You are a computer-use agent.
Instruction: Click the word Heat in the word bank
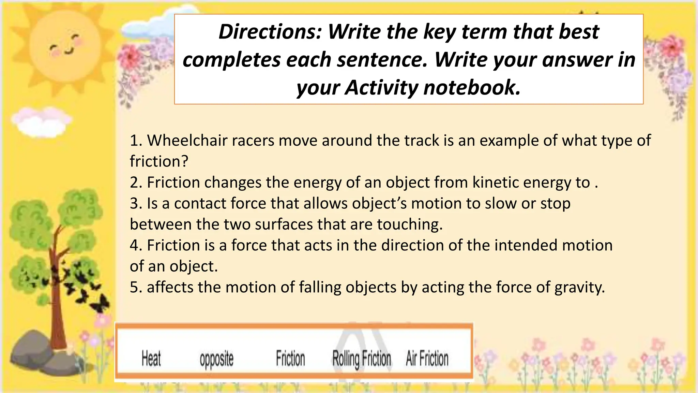pos(151,359)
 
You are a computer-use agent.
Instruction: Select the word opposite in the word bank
pos(216,360)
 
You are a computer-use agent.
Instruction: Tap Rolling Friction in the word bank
pos(362,359)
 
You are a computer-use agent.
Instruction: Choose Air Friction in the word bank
pos(427,359)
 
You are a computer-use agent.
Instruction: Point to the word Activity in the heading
pos(381,87)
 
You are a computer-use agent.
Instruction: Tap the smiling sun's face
pos(65,46)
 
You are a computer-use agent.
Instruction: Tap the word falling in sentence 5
pos(320,288)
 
